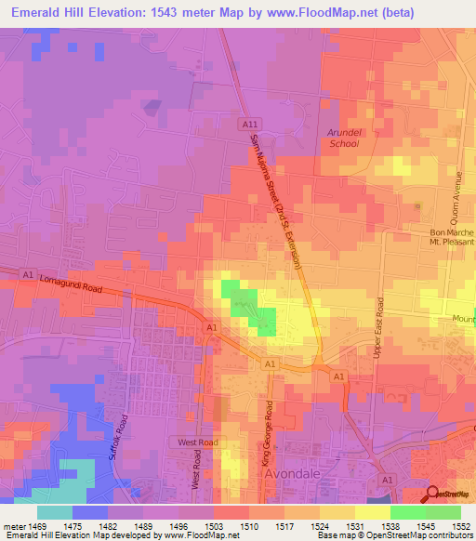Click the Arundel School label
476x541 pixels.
coord(343,138)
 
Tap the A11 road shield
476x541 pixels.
coord(247,124)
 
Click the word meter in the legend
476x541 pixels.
coord(13,525)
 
